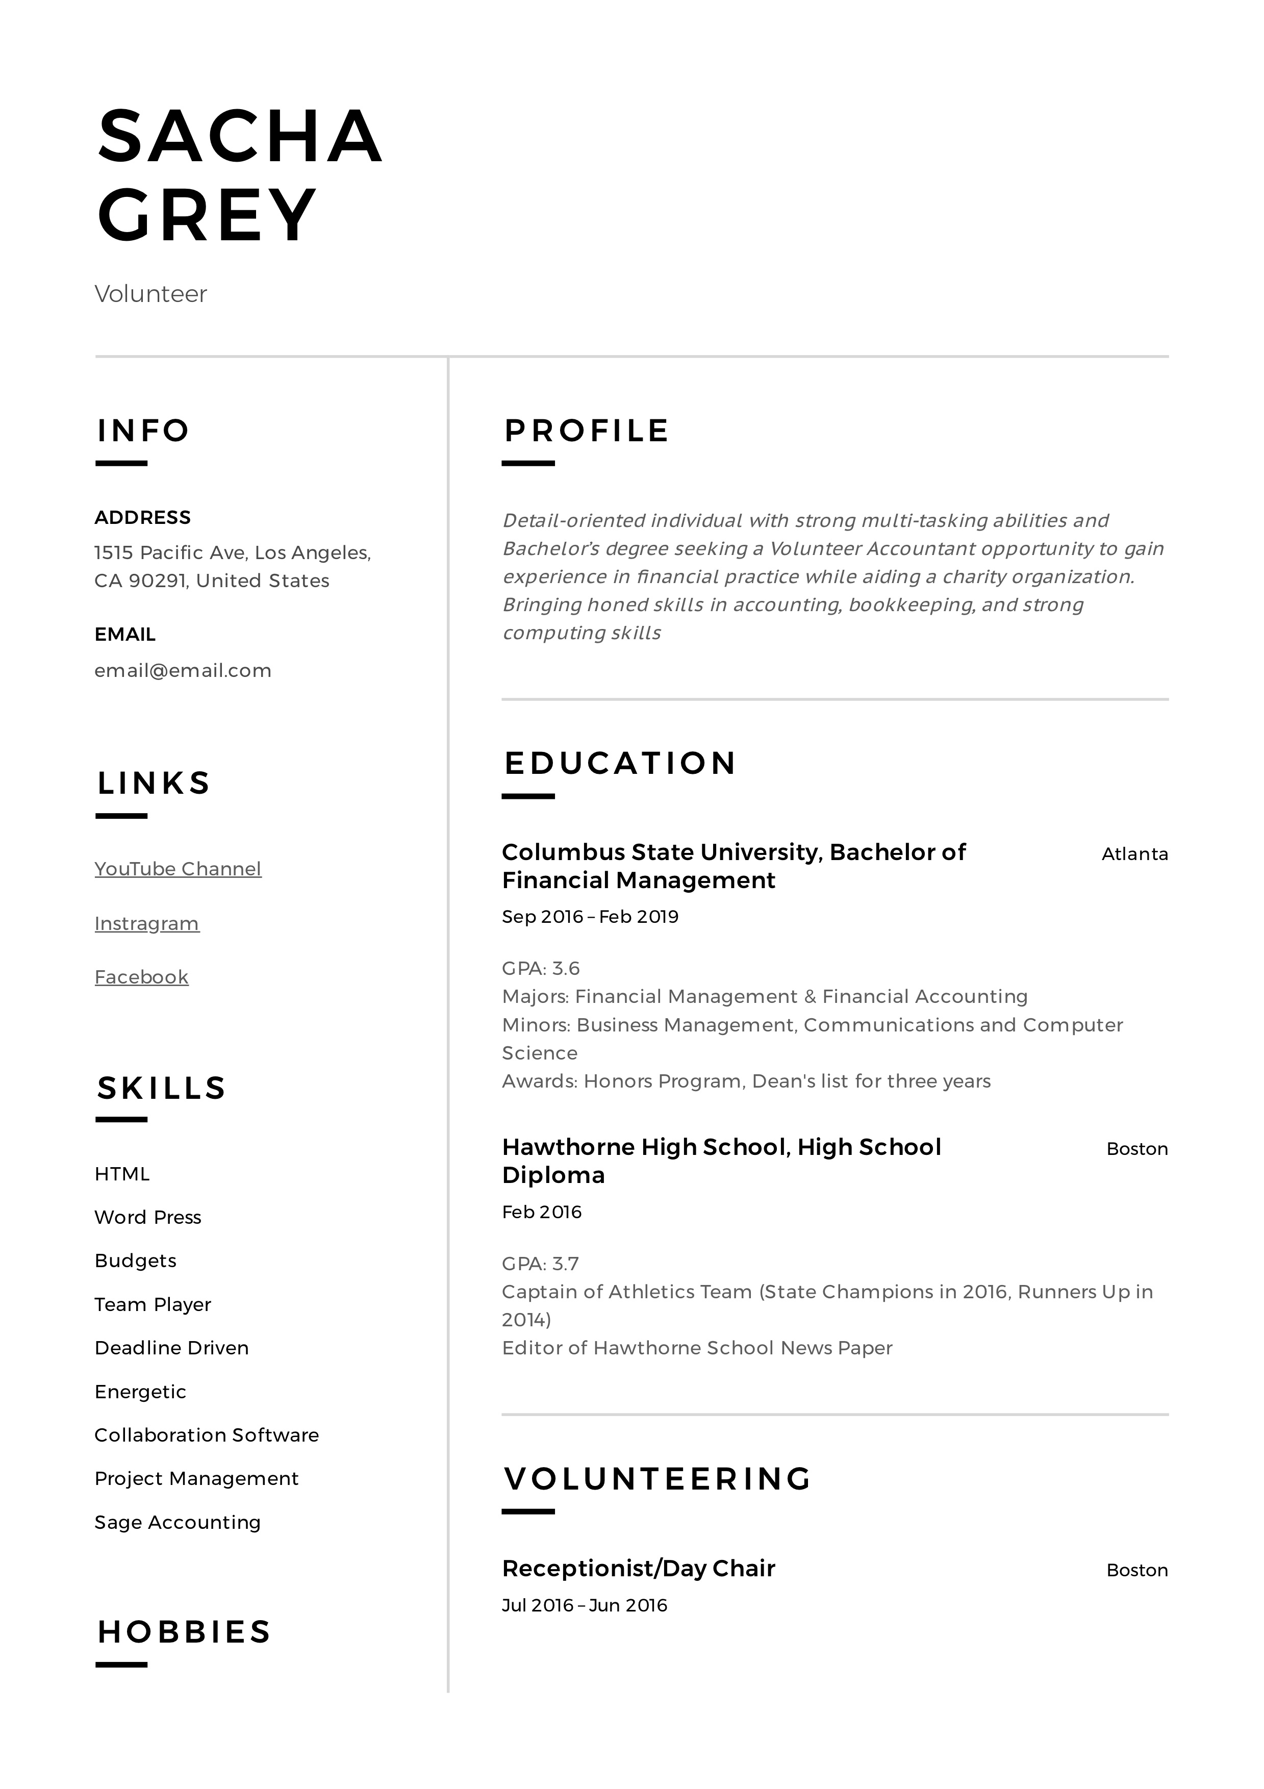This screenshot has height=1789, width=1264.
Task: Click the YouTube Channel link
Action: coord(178,869)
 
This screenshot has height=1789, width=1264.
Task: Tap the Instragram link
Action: coord(146,923)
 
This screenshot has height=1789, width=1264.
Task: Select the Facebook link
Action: coord(141,977)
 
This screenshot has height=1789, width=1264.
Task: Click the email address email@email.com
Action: coord(182,671)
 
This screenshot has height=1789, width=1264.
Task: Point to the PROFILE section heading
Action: coord(586,431)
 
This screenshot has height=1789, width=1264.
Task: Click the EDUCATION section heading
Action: coord(620,764)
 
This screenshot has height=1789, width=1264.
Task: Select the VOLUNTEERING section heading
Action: coord(658,1479)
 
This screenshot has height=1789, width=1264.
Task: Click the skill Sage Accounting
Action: coord(178,1523)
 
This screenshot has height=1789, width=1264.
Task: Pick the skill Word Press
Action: coord(147,1218)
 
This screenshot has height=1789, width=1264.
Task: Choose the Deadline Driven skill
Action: coord(171,1348)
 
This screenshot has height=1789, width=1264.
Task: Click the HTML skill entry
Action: coord(121,1174)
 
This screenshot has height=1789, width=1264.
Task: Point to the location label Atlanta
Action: coord(1134,854)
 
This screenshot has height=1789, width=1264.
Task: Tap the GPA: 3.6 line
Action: coord(541,969)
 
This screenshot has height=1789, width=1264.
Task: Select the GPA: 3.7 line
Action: coord(540,1264)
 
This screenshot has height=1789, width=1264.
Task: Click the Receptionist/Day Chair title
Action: coord(638,1569)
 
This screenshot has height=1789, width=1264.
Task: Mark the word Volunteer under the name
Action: coord(150,294)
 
